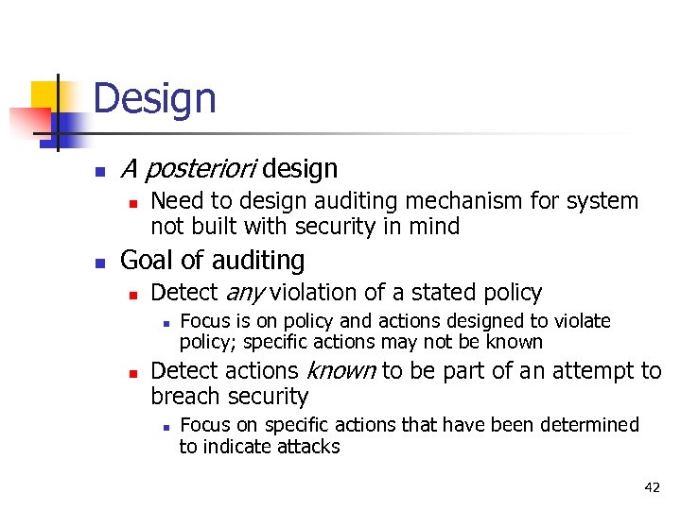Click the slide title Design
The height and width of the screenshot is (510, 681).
point(155,98)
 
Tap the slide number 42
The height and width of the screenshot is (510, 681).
point(652,487)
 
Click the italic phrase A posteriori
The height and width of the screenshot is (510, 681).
point(189,170)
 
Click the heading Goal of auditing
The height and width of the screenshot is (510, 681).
point(213,261)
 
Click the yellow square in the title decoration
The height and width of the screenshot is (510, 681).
point(44,94)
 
